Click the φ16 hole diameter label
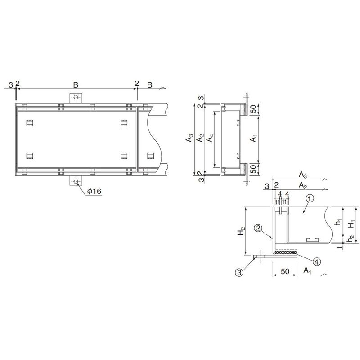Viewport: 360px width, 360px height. [x=94, y=191]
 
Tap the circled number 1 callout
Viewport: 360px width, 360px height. [x=310, y=198]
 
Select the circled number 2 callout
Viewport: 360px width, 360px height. [x=258, y=228]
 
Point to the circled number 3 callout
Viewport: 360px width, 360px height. [x=239, y=272]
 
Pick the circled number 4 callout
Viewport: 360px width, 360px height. [x=317, y=261]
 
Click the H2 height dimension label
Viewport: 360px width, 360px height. [x=241, y=231]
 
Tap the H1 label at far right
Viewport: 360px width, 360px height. [x=351, y=224]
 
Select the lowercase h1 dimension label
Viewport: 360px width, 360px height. [x=339, y=222]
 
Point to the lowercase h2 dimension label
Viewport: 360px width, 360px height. [x=351, y=239]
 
